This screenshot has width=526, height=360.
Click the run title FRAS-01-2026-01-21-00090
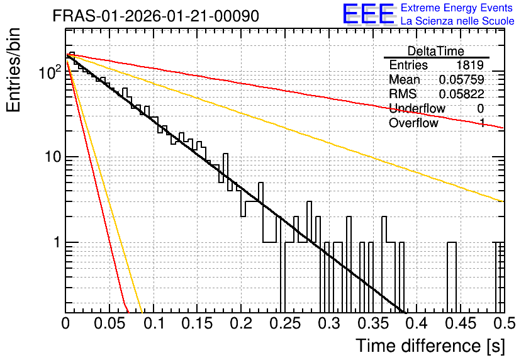(x=156, y=16)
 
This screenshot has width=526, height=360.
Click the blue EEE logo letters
(x=369, y=14)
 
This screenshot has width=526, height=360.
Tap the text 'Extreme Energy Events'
(x=457, y=8)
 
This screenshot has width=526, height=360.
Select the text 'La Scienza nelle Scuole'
(x=457, y=21)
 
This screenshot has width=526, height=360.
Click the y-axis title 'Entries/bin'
(x=14, y=70)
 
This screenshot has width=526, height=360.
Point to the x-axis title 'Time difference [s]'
(x=430, y=346)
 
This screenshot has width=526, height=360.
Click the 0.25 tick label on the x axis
(x=285, y=323)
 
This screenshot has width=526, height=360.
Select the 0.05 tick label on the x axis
(x=109, y=323)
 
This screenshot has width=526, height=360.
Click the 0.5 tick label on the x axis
(x=503, y=323)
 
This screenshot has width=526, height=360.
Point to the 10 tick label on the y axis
(x=53, y=157)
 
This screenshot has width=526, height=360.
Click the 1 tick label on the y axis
(x=57, y=242)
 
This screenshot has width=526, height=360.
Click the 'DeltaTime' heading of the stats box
(x=436, y=51)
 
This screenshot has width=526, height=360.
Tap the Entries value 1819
(x=469, y=65)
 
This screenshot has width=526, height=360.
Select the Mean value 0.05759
(x=462, y=79)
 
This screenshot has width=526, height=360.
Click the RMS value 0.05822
(x=462, y=94)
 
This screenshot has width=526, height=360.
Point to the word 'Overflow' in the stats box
(x=413, y=123)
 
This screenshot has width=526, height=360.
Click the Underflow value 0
(x=480, y=108)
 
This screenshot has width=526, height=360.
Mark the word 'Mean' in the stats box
(x=404, y=79)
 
